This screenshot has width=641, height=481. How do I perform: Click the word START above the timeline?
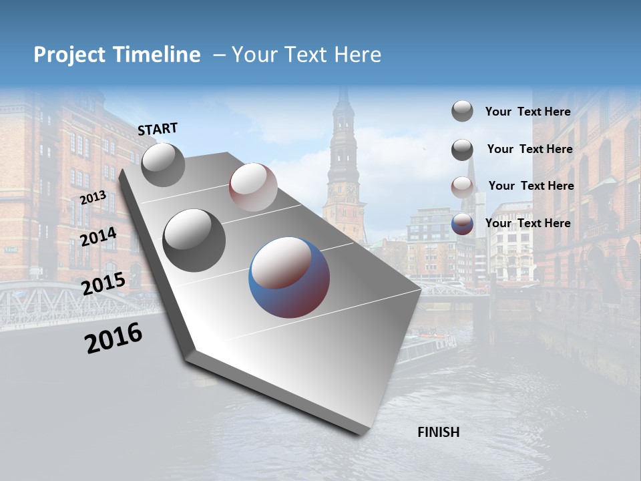[158, 129]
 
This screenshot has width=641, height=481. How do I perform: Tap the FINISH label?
[438, 432]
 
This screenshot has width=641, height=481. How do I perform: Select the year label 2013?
[93, 198]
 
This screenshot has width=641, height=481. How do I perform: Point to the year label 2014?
[99, 237]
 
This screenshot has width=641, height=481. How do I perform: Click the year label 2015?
[103, 283]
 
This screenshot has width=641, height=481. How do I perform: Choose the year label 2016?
[114, 338]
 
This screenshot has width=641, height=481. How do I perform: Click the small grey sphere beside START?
[163, 164]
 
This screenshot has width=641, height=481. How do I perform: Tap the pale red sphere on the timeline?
[253, 187]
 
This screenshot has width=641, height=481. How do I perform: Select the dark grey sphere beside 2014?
[194, 240]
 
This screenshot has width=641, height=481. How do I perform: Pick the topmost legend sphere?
[462, 111]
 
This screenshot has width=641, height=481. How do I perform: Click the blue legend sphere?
[462, 224]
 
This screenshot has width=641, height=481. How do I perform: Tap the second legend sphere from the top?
[462, 150]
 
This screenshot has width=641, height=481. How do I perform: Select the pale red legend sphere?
[462, 187]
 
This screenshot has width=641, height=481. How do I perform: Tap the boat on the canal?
[427, 347]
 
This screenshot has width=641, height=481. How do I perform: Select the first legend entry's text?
[527, 112]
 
